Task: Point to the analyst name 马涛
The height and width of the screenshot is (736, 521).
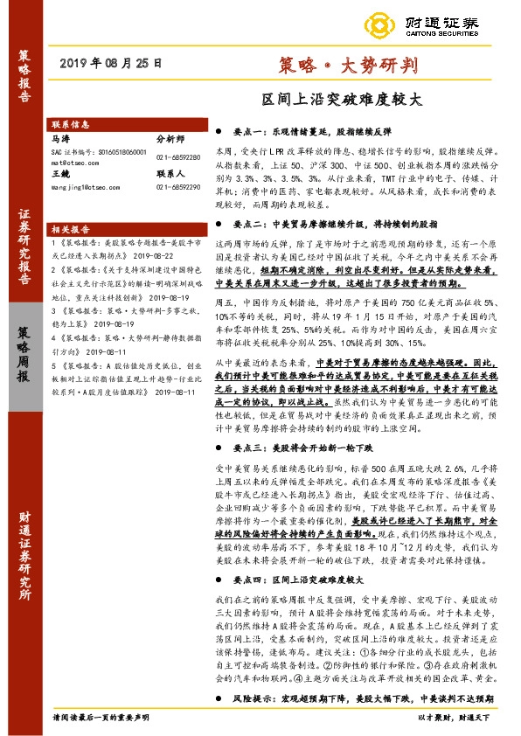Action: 61,138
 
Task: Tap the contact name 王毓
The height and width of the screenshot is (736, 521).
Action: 61,175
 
